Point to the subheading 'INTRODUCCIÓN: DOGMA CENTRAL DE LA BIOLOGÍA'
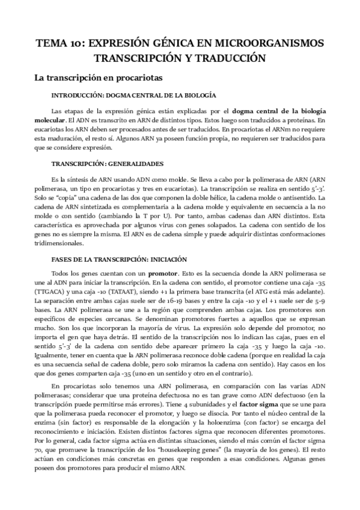pyautogui.click(x=134, y=96)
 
